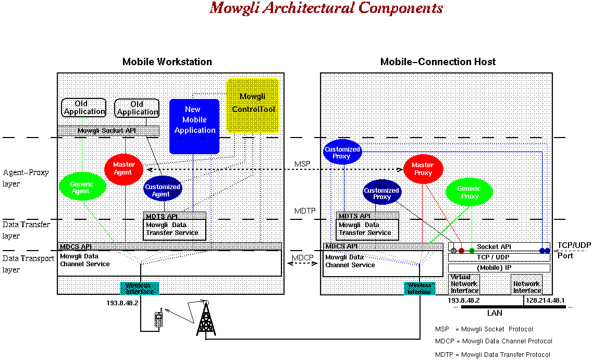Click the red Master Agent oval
[x=123, y=168]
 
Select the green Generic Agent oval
[x=80, y=188]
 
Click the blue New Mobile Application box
[x=194, y=126]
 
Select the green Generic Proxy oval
[x=469, y=192]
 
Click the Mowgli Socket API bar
[x=108, y=130]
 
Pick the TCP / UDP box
[x=499, y=257]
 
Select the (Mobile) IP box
[x=499, y=268]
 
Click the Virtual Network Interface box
[x=464, y=284]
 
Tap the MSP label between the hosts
[x=302, y=164]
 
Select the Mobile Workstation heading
[x=167, y=62]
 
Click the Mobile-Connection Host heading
[x=438, y=62]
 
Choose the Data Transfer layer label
[x=27, y=230]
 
